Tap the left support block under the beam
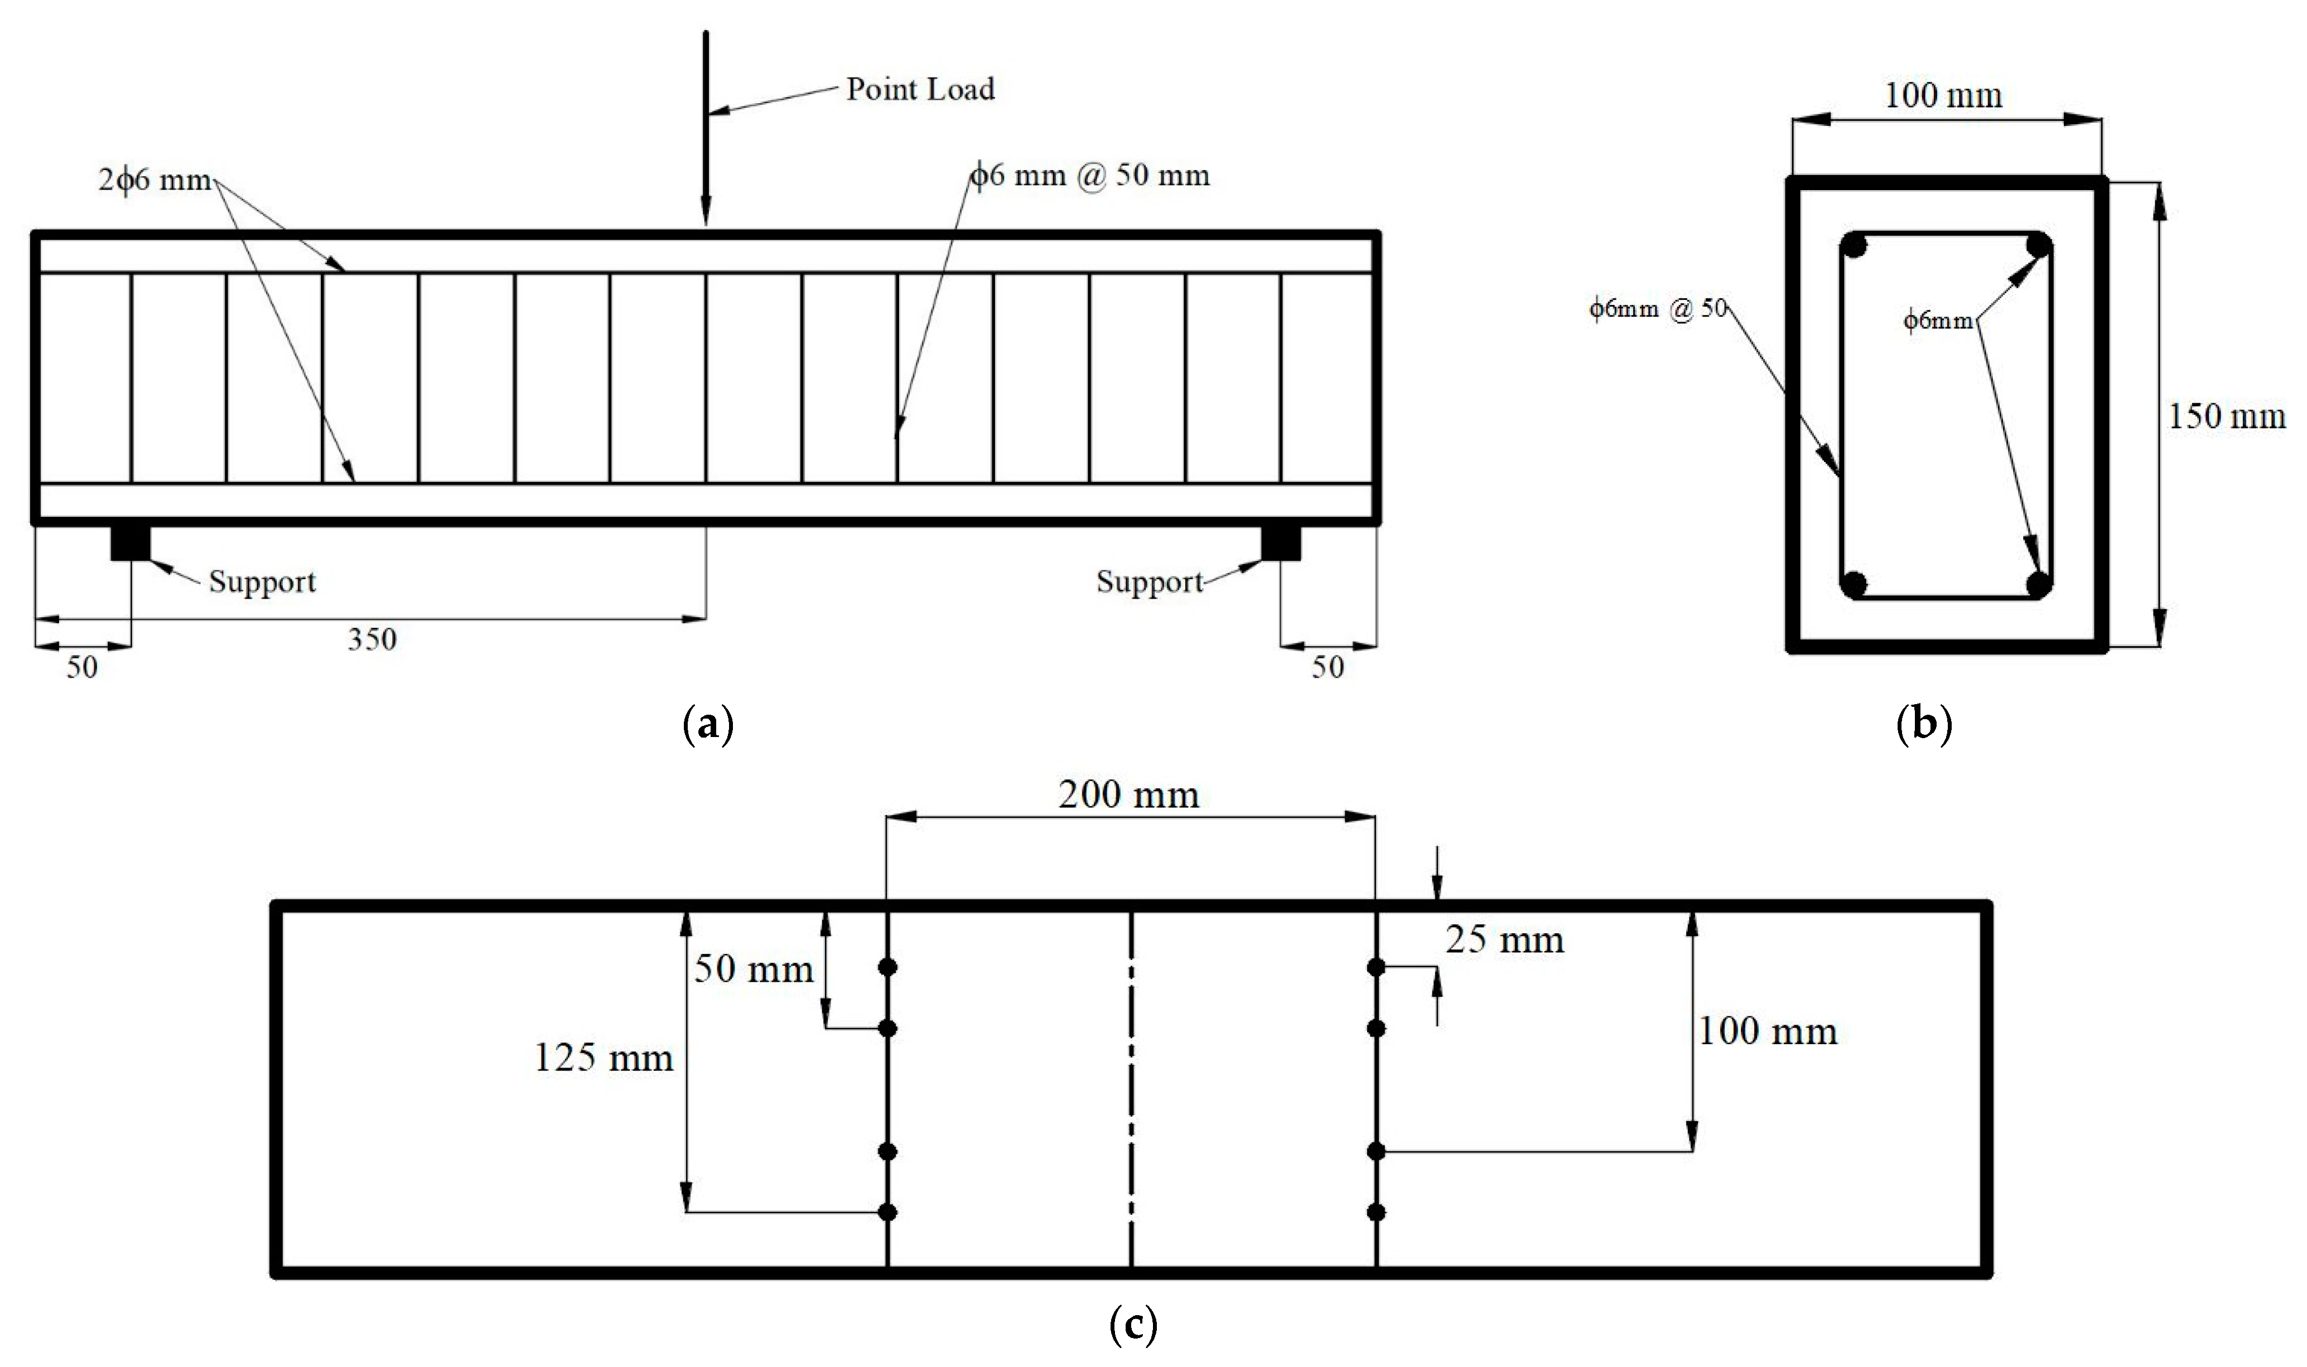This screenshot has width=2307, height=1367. [x=130, y=542]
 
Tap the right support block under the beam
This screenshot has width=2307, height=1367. [x=1281, y=542]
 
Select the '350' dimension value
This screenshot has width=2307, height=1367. [x=371, y=639]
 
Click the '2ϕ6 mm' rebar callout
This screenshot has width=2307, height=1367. [x=155, y=180]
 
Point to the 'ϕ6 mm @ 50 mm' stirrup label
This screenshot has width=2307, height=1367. [x=1090, y=175]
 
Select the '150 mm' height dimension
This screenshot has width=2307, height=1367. [x=2226, y=416]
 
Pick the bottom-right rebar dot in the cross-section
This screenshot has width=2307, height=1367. [x=2039, y=584]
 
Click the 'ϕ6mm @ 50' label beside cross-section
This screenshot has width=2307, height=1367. [x=1657, y=309]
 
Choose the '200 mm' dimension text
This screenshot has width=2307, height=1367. [x=1128, y=795]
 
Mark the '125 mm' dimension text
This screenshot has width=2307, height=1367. [x=604, y=1058]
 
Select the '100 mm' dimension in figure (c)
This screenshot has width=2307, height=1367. [x=1767, y=1031]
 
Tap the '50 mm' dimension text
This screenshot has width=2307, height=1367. [x=752, y=968]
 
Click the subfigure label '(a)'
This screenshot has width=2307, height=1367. [x=708, y=725]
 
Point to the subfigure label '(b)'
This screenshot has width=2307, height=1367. [x=1924, y=725]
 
